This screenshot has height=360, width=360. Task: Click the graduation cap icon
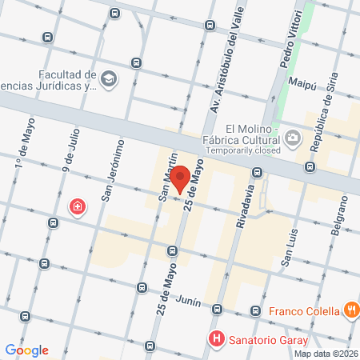click(109, 78)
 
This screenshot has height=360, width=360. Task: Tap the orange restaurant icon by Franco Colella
click(350, 310)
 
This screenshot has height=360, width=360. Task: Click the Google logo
click(26, 350)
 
